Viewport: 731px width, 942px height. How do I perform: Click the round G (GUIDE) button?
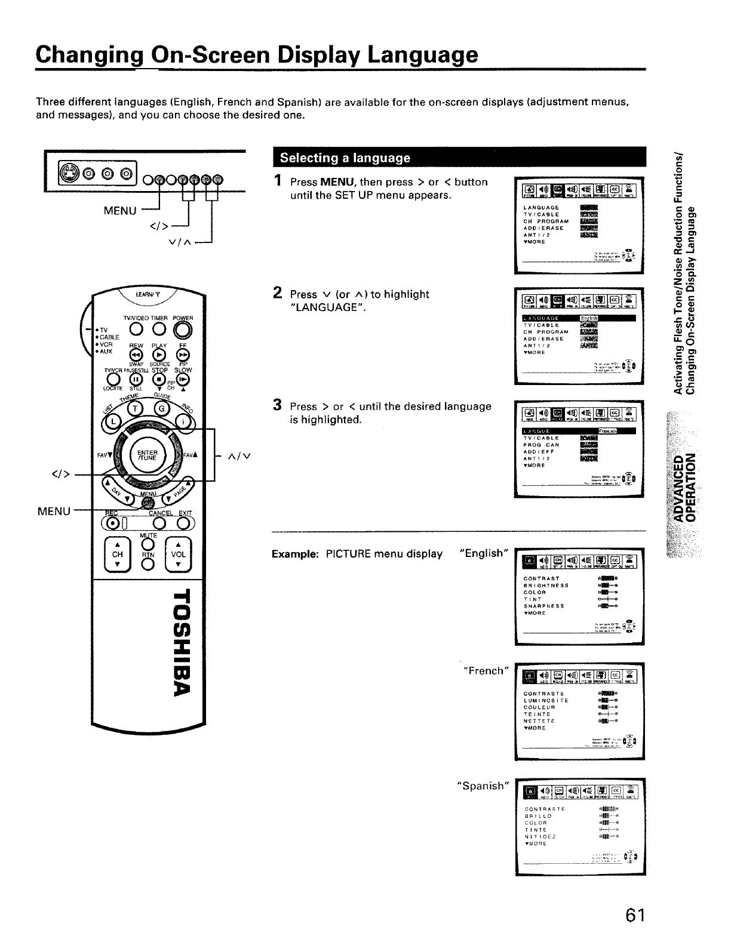pyautogui.click(x=161, y=408)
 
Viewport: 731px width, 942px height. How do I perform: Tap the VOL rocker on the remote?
pyautogui.click(x=179, y=555)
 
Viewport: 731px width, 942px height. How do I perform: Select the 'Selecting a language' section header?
pyautogui.click(x=345, y=158)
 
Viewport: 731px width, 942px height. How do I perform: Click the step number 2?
pyautogui.click(x=277, y=293)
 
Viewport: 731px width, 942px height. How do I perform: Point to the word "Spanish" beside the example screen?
pyautogui.click(x=482, y=786)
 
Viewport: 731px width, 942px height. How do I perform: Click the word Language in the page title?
pyautogui.click(x=423, y=54)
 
